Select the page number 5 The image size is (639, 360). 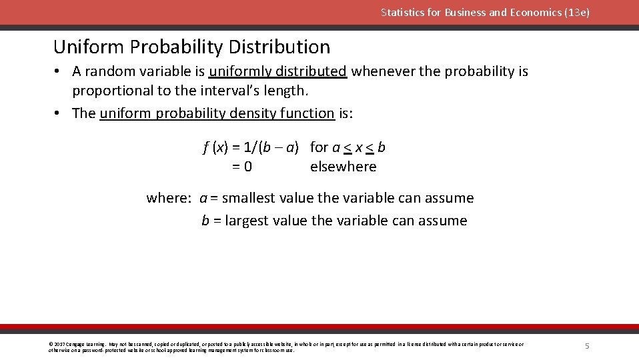587,346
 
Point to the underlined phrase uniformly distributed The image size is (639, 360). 277,71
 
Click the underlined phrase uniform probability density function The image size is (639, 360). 217,113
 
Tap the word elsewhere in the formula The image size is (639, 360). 343,167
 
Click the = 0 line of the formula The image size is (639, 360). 242,167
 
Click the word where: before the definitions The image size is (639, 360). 169,198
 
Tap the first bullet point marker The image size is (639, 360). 59,71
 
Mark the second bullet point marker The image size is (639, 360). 59,113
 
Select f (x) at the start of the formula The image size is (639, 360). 215,147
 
